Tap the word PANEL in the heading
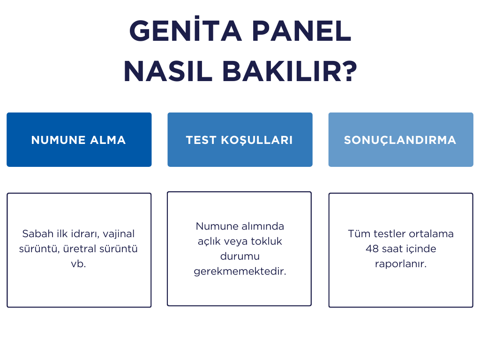tap(301, 31)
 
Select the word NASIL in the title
tap(168, 71)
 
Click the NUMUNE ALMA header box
tap(79, 140)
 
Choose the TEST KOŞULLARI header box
tap(240, 140)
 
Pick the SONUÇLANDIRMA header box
tap(401, 140)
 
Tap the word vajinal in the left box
tap(119, 234)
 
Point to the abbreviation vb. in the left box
tap(78, 264)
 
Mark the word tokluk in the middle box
tap(266, 241)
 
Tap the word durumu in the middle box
tap(240, 256)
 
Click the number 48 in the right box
tap(372, 249)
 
